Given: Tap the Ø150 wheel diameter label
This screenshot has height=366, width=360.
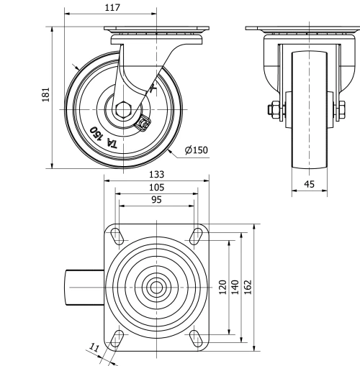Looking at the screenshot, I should pyautogui.click(x=196, y=150).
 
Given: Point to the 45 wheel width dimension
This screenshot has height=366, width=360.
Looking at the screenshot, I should pyautogui.click(x=310, y=185).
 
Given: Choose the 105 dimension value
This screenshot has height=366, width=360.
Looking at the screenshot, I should pyautogui.click(x=156, y=188).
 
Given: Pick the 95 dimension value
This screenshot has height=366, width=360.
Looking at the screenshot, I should pyautogui.click(x=156, y=201).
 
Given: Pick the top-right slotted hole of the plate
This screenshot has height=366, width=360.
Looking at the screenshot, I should pyautogui.click(x=196, y=235).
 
